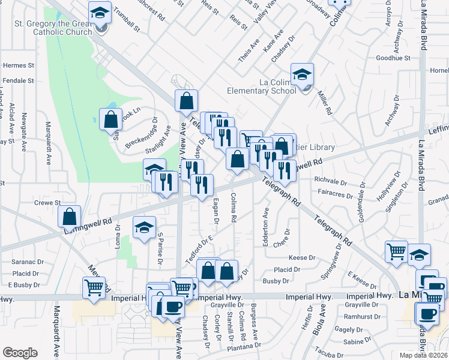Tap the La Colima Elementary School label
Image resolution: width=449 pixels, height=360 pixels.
click(x=261, y=86)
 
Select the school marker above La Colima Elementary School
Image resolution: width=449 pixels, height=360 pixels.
click(x=302, y=75)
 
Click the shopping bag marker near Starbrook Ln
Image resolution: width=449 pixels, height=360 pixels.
click(x=112, y=119)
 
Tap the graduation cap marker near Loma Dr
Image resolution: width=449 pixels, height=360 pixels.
click(x=143, y=227)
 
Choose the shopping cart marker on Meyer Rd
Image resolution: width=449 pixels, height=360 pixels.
click(x=94, y=288)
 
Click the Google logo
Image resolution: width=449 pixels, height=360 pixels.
click(x=20, y=353)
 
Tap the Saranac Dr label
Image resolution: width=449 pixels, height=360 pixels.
click(x=28, y=262)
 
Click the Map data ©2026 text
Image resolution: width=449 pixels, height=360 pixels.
click(x=423, y=355)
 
